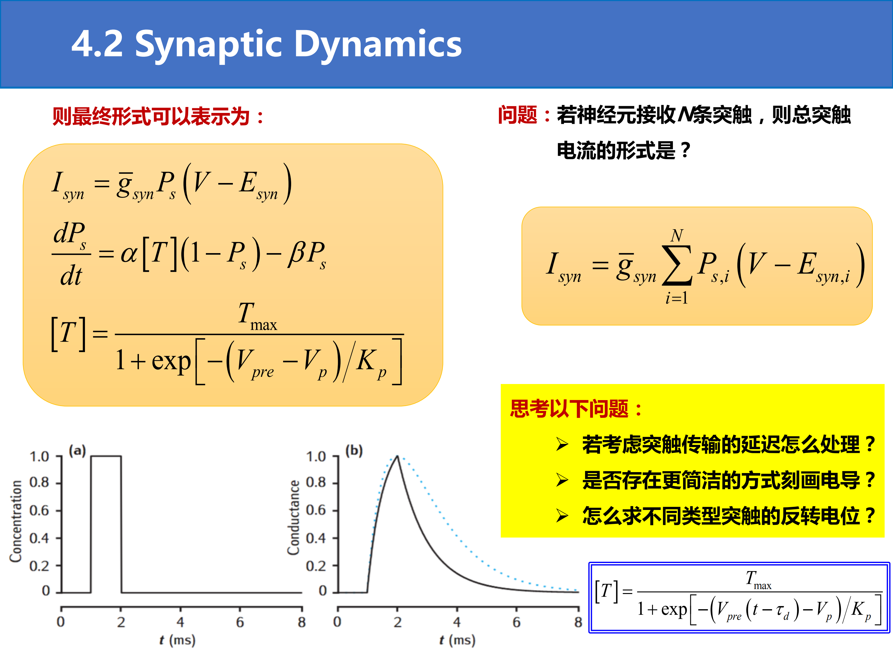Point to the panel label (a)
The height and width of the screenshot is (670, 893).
77,450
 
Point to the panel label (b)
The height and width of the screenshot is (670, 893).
354,450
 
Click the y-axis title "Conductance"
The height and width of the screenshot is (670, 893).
294,517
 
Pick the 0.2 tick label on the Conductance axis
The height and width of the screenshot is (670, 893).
316,566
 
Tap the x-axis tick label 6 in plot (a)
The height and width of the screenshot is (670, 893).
240,622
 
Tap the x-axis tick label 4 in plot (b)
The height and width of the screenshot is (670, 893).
457,622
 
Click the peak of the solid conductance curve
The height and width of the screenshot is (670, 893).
397,456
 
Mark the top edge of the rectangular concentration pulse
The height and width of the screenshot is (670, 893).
106,456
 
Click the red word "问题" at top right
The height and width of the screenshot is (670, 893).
518,115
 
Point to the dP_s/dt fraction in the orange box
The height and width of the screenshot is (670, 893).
71,254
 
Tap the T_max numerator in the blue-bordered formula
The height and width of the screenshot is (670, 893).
758,580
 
